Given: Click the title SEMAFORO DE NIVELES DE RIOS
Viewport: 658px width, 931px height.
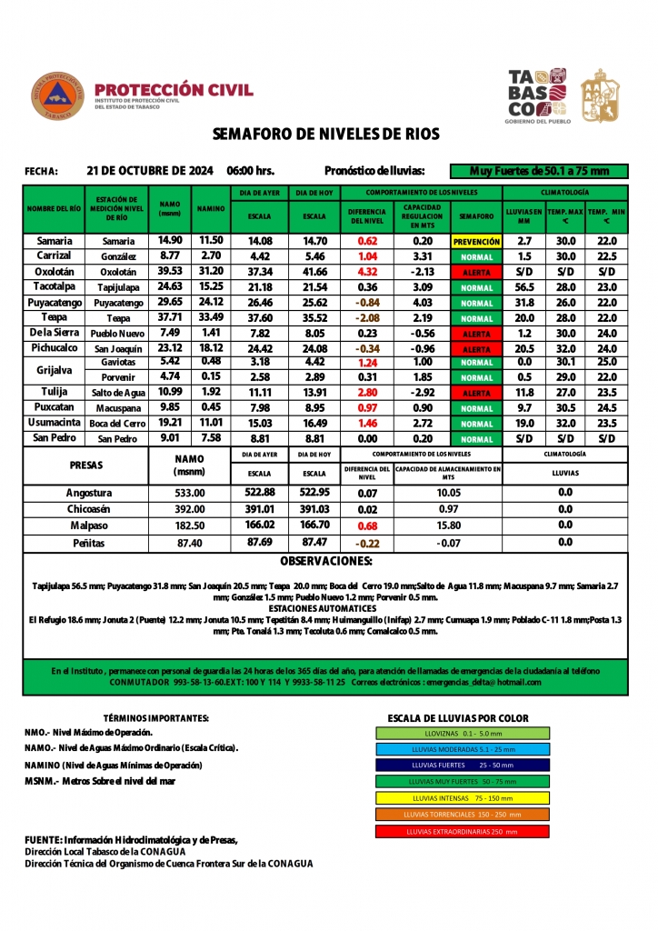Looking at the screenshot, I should click(325, 135).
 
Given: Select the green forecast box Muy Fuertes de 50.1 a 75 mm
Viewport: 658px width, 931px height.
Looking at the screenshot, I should click(539, 171).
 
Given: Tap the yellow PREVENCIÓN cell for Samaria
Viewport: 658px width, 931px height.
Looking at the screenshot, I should click(476, 242).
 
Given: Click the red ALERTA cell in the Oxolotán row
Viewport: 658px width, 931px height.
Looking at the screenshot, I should click(476, 272).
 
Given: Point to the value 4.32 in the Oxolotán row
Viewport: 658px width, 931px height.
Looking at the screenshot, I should click(368, 272).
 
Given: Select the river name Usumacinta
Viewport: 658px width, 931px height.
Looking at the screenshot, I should click(55, 424).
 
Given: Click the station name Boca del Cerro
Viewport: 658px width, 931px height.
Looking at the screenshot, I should click(117, 425).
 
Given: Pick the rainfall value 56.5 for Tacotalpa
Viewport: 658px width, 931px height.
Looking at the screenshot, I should click(523, 287).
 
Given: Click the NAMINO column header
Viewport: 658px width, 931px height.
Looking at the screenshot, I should click(211, 209).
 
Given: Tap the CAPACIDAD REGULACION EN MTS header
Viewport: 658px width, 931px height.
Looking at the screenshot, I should click(423, 215).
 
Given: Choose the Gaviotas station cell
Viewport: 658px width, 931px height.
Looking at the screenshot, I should click(118, 362).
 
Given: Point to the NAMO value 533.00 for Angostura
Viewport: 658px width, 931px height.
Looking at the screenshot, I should click(190, 493).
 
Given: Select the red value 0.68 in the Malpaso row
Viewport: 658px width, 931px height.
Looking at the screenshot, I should click(368, 526).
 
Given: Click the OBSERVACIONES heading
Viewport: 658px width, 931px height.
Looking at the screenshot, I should click(326, 561).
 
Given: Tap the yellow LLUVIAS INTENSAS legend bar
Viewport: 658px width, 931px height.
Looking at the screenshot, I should click(462, 797).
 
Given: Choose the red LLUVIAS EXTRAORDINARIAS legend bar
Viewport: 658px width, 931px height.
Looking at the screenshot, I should click(462, 831).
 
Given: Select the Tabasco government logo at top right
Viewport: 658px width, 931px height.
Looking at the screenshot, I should click(563, 95).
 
